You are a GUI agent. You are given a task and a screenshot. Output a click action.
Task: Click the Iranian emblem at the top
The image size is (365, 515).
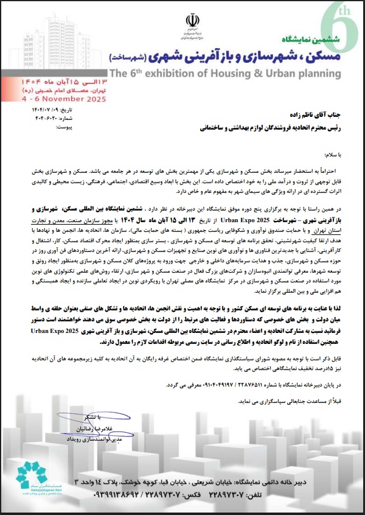(193, 21)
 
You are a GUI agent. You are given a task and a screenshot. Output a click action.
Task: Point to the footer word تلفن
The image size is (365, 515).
(252, 497)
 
